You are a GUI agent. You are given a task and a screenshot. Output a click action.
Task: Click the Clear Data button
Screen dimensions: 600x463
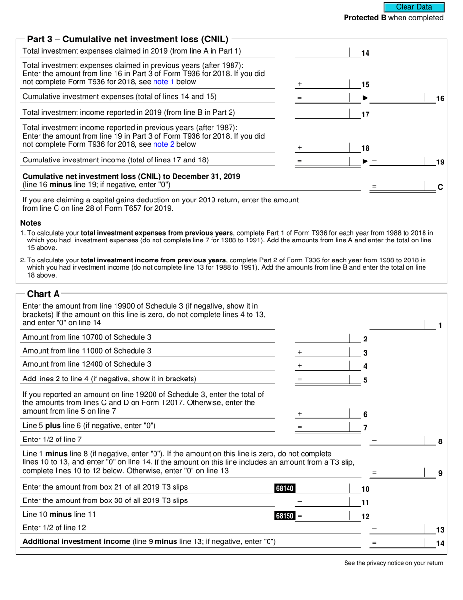click(414, 7)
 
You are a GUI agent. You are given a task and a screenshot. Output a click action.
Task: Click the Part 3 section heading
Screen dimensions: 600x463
click(127, 39)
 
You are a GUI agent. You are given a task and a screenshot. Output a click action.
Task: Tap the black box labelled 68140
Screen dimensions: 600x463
click(285, 488)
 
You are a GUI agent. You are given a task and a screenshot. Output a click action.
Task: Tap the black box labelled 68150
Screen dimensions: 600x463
click(285, 515)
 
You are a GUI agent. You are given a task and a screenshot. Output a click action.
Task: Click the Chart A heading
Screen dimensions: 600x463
click(43, 294)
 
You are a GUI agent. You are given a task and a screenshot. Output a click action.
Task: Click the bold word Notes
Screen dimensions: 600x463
click(31, 223)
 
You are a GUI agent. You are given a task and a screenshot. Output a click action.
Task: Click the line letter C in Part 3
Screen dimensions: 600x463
click(440, 187)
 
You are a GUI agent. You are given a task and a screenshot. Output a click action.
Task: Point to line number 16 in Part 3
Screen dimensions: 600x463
click(440, 99)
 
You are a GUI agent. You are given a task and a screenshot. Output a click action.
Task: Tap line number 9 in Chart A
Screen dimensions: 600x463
click(440, 473)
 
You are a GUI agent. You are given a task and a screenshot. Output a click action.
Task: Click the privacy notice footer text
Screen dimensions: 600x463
click(394, 563)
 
